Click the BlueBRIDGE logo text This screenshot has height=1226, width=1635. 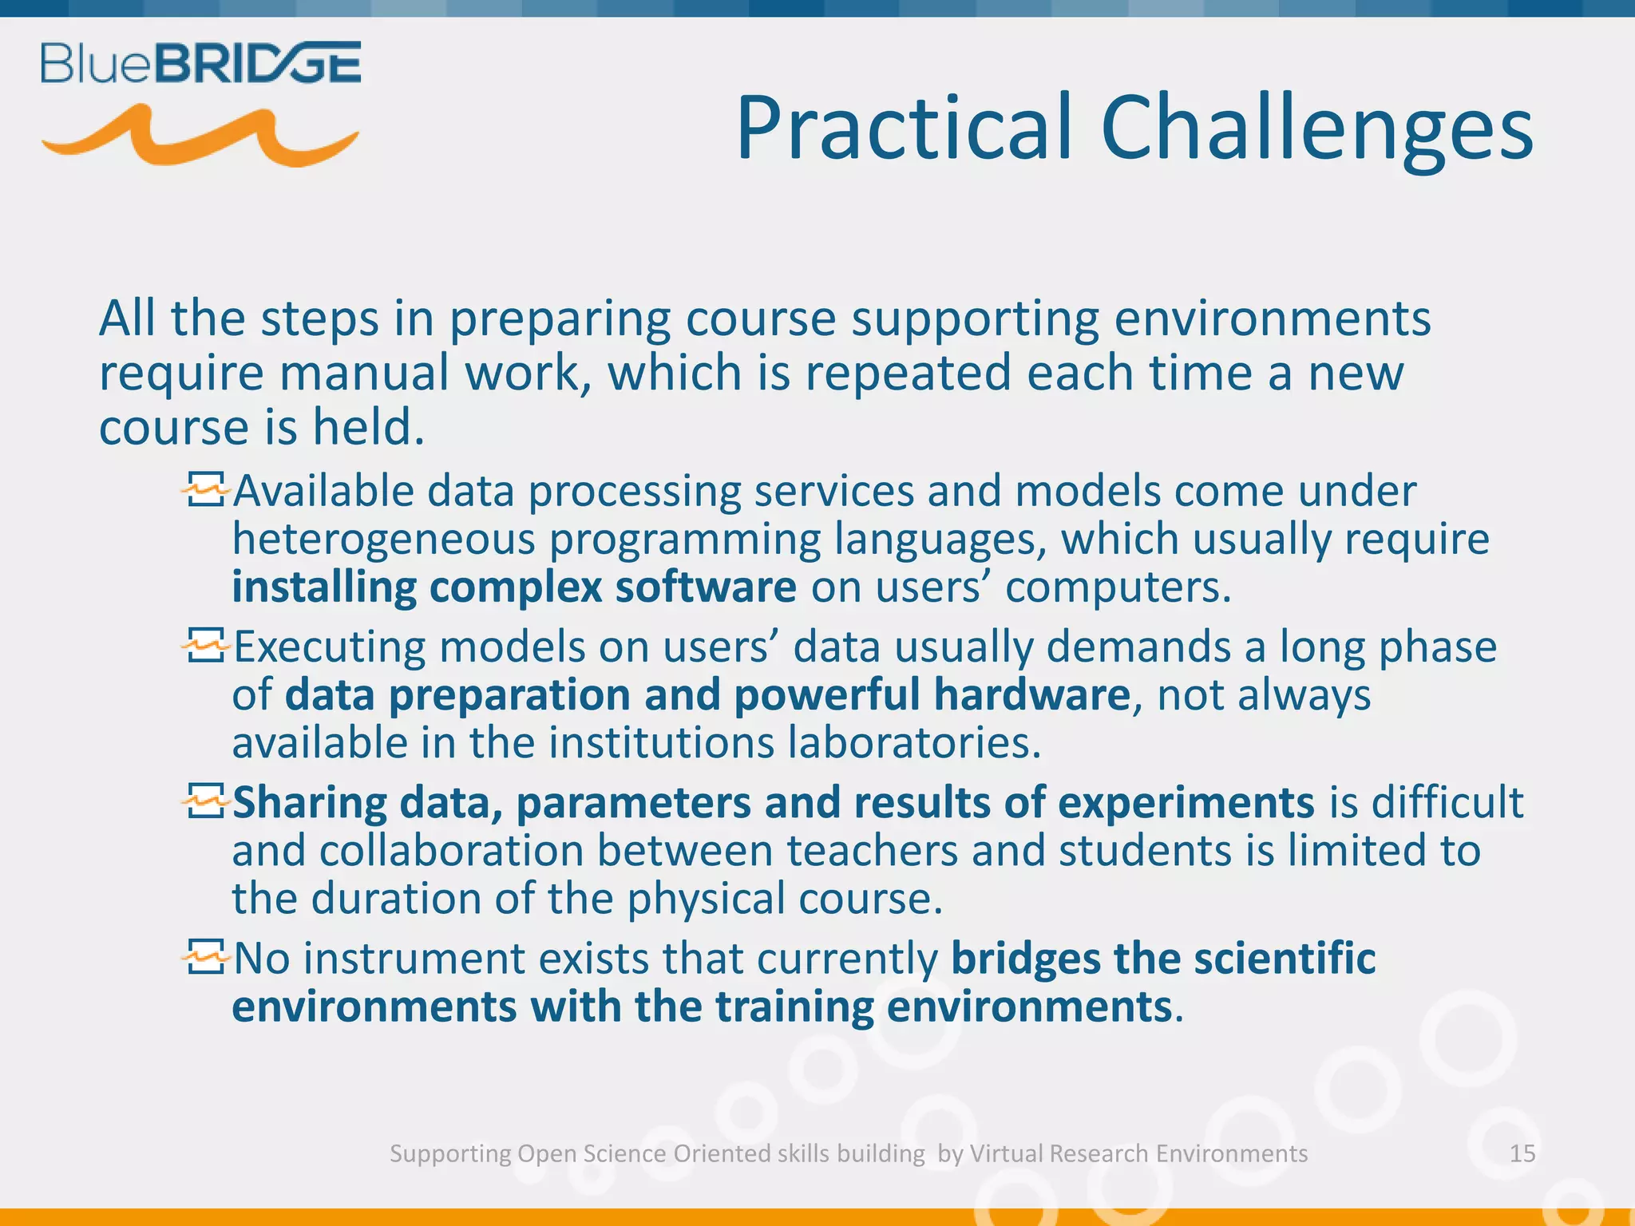200,63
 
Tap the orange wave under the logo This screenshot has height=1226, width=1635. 200,137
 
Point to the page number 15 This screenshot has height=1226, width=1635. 1522,1153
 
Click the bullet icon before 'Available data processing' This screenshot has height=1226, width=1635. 204,489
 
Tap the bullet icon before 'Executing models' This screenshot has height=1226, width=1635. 204,645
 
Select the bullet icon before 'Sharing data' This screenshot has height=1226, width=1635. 204,801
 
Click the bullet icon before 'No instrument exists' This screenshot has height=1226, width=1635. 204,956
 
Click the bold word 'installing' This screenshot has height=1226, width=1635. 323,587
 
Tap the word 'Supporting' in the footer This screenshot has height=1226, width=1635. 449,1154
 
